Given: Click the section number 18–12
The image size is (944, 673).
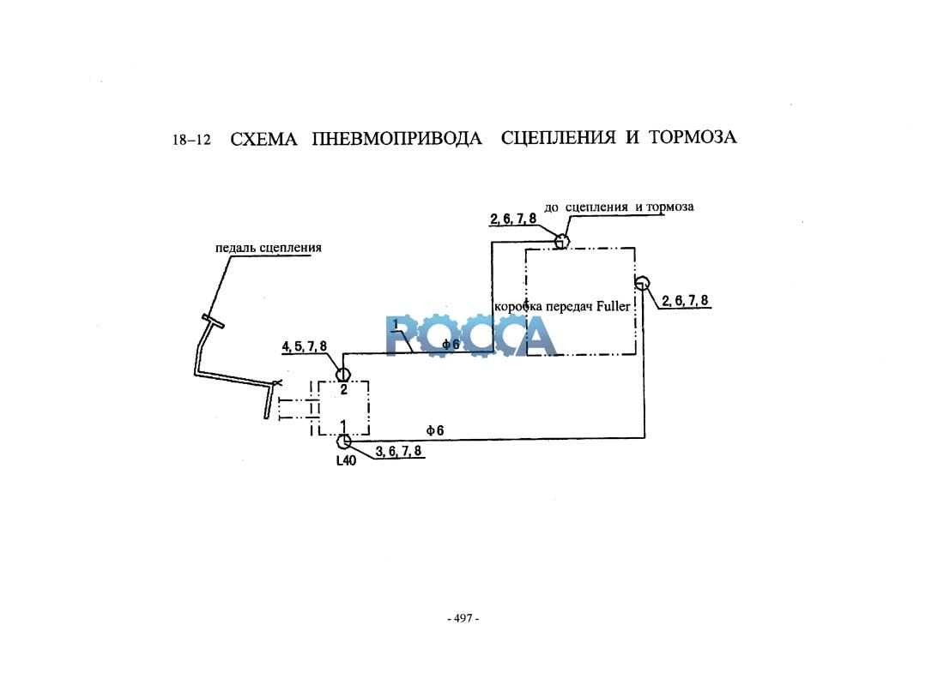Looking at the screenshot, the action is point(191,140).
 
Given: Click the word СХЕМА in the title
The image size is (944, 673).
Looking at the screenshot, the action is point(263,140).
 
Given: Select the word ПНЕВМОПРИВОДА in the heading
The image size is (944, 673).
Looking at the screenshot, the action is point(396,139).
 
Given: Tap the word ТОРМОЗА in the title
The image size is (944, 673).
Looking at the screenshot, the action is point(693,137).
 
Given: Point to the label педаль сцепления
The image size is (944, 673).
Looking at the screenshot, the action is point(269,248).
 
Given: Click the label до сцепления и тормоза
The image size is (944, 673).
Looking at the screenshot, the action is point(619,207).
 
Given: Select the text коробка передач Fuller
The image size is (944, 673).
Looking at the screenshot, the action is point(562,307).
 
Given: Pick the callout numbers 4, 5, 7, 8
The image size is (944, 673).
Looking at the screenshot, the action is point(305,347).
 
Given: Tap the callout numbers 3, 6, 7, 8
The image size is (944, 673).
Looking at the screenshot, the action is point(398,451).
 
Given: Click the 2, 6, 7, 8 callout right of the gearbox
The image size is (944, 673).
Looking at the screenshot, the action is point(685,301).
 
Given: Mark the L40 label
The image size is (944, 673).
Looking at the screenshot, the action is point(346,461).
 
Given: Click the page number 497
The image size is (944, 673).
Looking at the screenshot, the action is point(463,618).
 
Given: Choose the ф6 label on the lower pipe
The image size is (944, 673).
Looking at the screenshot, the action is point(435,430).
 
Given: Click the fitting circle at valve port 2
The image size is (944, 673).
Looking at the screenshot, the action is point(342,374).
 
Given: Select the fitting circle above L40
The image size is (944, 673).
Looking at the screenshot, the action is point(343,442).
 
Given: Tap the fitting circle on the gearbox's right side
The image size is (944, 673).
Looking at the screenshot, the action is point(643,283).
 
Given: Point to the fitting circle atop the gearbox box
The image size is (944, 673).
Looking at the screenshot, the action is point(561,241).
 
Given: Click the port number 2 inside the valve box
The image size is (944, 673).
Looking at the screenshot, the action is point(344,390).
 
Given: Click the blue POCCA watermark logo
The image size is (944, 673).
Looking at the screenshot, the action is point(471,335).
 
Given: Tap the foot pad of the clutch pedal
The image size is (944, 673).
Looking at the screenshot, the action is point(213,321).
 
